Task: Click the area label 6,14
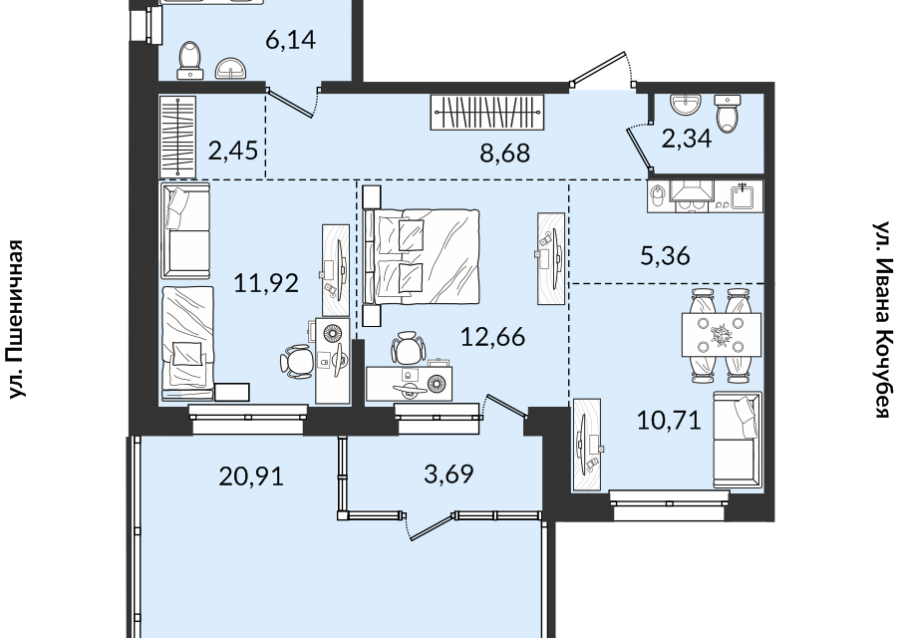coord(291,40)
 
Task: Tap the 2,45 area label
coord(233,152)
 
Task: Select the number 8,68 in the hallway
coord(505,154)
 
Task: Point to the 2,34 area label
coord(687,139)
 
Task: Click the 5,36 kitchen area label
coord(665,256)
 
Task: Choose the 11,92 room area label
coord(266,283)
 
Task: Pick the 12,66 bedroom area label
coord(492,337)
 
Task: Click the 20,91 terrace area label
coord(251,476)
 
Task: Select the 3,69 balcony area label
coord(449,474)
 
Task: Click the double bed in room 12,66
coord(421,256)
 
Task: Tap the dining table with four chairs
coord(721,335)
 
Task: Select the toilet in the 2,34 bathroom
coord(728,113)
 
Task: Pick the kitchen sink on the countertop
coord(744,194)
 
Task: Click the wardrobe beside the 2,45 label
coord(177,137)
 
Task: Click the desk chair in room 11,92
coord(297,361)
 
